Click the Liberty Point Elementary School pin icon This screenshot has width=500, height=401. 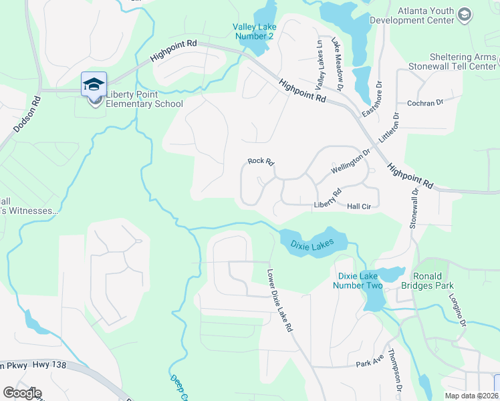94,84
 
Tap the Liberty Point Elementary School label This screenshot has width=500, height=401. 144,104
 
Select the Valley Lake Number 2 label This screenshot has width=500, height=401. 253,31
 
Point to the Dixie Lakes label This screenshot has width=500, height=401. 312,245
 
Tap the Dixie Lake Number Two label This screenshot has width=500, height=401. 360,281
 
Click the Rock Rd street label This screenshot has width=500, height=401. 261,161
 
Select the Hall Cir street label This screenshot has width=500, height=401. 360,207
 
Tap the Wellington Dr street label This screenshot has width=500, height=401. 350,162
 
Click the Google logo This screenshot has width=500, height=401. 22,393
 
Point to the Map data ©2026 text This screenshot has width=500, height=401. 472,396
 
